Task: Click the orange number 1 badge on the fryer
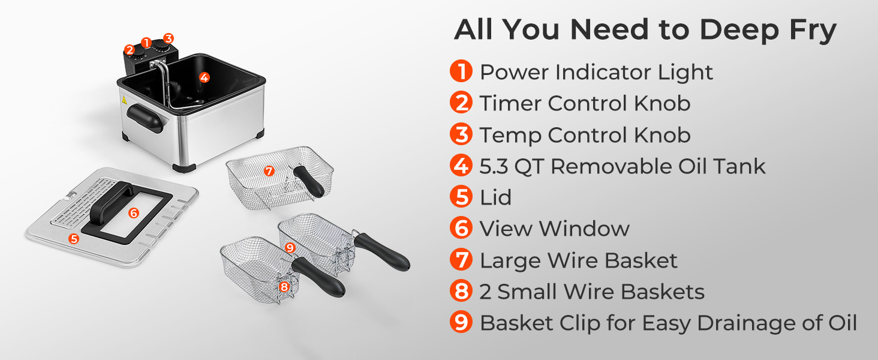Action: [x=146, y=43]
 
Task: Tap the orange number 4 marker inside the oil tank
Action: [x=205, y=77]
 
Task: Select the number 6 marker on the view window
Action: [x=134, y=213]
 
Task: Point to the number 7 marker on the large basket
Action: [x=269, y=171]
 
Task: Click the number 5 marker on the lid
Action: [x=73, y=238]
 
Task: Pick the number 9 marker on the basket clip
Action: [x=290, y=247]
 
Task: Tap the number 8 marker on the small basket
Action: [x=284, y=287]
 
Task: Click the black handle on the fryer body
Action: [x=144, y=118]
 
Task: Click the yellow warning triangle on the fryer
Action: [x=124, y=100]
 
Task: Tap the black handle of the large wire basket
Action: [x=309, y=181]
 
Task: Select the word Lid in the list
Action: [x=495, y=197]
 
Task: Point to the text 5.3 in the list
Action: [x=494, y=166]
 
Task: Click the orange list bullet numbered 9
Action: [x=461, y=322]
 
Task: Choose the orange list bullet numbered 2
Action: [x=461, y=103]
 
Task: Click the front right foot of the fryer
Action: [x=184, y=168]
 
